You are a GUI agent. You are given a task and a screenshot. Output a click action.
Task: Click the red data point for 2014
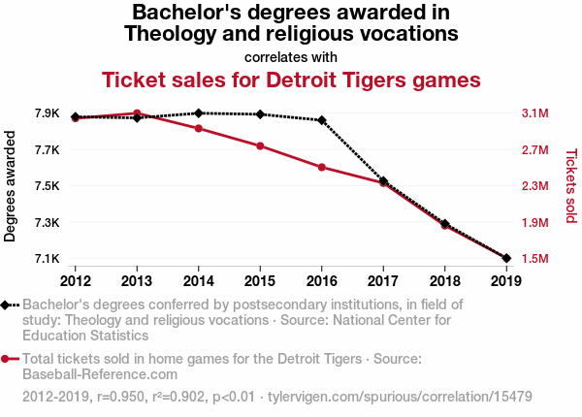[199, 128]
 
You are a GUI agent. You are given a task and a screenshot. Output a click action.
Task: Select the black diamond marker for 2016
[322, 120]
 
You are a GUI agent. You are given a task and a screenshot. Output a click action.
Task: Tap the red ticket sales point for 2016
[322, 167]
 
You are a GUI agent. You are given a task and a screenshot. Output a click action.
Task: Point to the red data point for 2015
[260, 145]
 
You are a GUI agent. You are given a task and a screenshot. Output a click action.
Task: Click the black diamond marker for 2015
[260, 114]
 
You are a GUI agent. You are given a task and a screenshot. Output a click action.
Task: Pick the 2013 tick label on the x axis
[137, 281]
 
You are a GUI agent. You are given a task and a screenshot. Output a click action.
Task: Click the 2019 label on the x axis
[505, 281]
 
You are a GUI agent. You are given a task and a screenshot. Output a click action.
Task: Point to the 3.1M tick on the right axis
[534, 113]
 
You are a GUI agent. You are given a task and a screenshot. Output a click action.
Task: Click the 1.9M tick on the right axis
[534, 222]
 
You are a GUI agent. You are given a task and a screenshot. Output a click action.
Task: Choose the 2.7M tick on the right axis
[534, 150]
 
